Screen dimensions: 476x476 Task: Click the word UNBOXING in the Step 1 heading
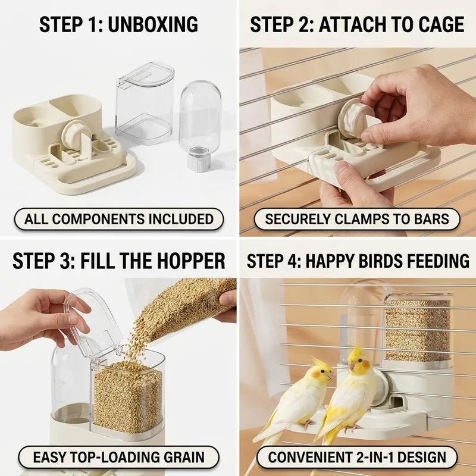click(153, 24)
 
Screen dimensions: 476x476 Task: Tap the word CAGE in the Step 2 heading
click(441, 24)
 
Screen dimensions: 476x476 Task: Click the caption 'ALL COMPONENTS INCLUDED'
click(118, 219)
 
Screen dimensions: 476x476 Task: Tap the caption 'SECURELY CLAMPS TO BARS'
click(356, 219)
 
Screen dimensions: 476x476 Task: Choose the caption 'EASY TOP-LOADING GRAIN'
click(118, 457)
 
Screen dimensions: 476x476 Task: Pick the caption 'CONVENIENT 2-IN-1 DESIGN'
click(356, 457)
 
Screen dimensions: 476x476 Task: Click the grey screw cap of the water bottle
click(199, 159)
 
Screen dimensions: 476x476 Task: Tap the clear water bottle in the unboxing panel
click(200, 124)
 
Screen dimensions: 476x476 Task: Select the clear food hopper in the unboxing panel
click(144, 102)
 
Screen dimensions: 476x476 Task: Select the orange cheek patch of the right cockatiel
click(366, 364)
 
